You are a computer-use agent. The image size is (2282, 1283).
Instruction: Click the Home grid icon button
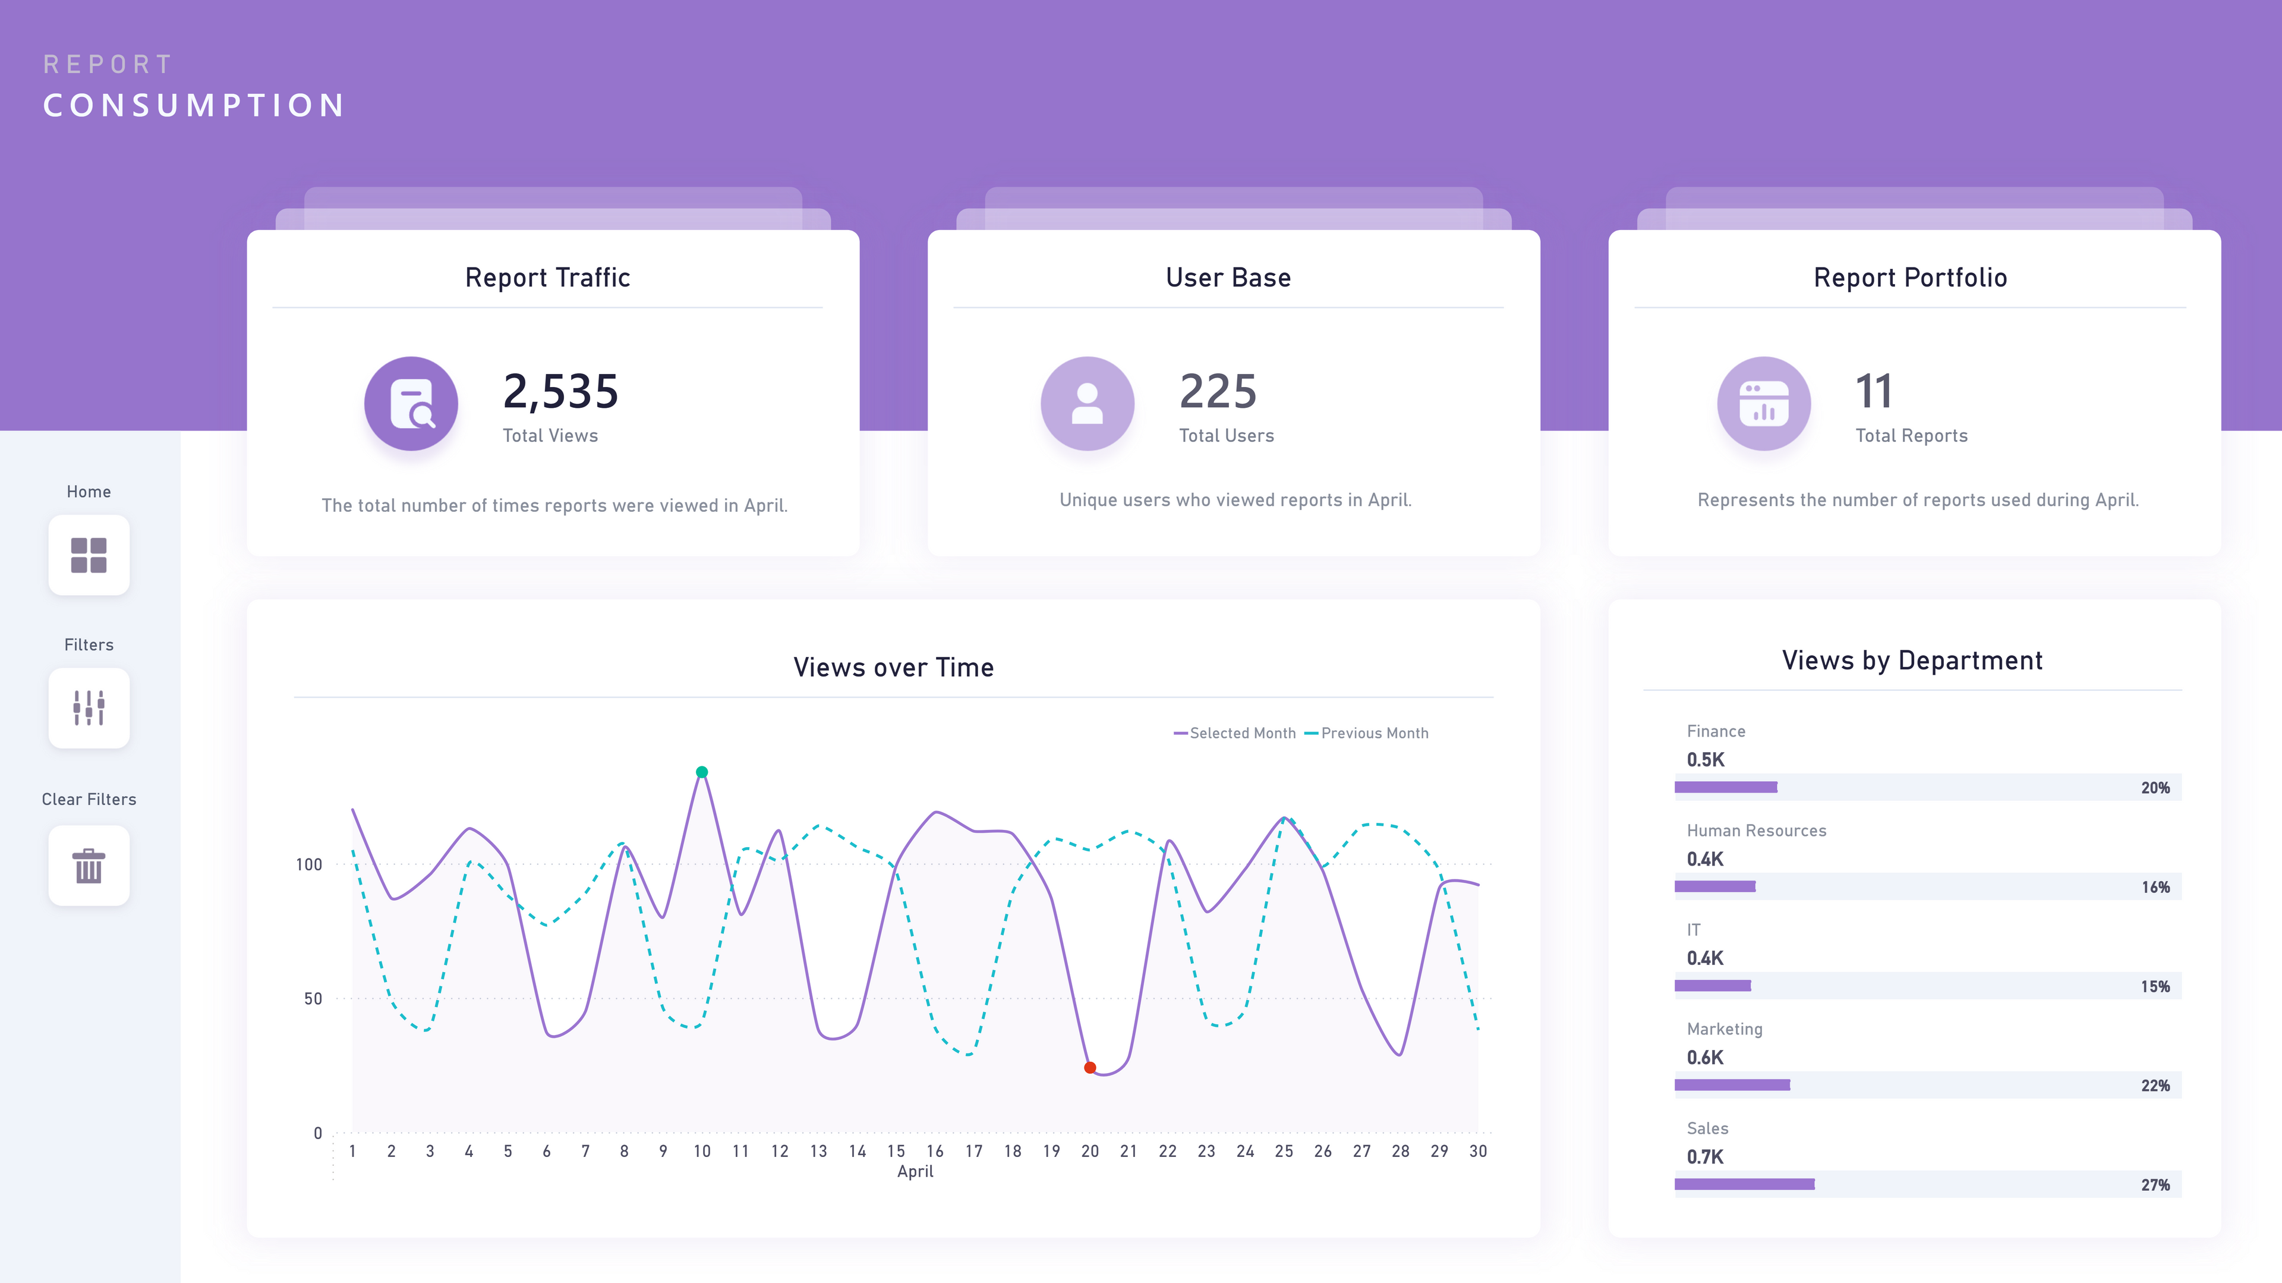[x=89, y=555]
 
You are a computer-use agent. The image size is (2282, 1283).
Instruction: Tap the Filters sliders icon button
[x=89, y=708]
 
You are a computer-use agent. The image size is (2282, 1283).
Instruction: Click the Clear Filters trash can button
[x=89, y=866]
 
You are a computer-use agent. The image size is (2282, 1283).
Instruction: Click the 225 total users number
[x=1218, y=392]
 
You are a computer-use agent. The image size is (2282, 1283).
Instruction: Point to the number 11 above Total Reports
[x=1874, y=392]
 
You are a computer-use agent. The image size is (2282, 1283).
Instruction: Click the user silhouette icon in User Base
[x=1087, y=404]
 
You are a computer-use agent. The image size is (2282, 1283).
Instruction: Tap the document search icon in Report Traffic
[x=411, y=404]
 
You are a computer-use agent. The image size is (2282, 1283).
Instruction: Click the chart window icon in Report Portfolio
[x=1764, y=404]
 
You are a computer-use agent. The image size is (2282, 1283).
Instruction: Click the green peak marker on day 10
[x=702, y=772]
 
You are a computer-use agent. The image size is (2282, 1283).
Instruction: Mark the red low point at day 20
[x=1090, y=1068]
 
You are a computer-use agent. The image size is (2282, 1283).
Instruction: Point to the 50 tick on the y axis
[x=313, y=999]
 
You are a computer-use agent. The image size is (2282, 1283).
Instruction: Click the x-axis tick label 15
[x=896, y=1151]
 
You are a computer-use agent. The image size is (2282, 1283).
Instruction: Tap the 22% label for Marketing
[x=2155, y=1086]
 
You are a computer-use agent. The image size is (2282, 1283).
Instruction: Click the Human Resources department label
[x=1756, y=830]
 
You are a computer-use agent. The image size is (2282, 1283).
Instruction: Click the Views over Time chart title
[x=893, y=667]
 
